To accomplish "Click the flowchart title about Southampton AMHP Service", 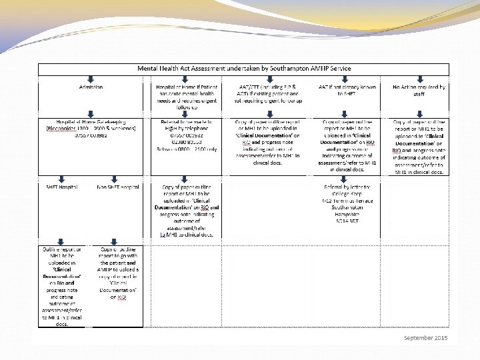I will click(243, 69).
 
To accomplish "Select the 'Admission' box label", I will click(91, 87).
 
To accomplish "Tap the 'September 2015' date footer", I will click(425, 338).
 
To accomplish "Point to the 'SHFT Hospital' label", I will click(61, 187).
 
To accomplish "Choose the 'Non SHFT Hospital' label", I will click(119, 187).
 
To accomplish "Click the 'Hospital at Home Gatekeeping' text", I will click(91, 122).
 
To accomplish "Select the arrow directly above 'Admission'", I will click(91, 79).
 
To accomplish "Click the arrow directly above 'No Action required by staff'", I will click(419, 79).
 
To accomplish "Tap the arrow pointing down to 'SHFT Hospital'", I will click(62, 179).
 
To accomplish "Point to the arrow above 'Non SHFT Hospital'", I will click(119, 179).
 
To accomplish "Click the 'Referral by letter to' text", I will click(346, 187).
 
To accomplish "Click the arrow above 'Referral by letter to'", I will click(347, 179).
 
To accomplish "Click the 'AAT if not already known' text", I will click(347, 87).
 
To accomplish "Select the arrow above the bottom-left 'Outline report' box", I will click(62, 239).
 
